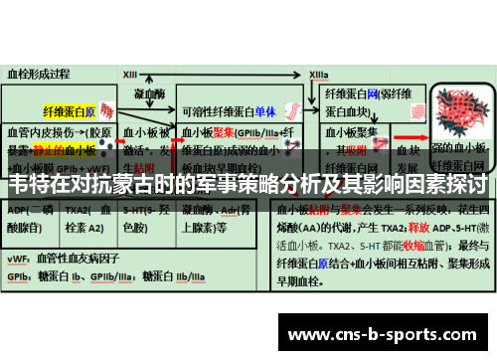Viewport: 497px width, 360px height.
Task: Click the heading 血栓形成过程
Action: click(x=39, y=74)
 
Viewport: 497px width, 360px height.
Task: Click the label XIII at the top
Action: click(x=130, y=74)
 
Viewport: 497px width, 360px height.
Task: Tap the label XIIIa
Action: click(x=319, y=74)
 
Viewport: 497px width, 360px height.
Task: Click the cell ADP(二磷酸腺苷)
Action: click(x=31, y=219)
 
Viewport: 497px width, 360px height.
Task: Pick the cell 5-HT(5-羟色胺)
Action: click(x=142, y=219)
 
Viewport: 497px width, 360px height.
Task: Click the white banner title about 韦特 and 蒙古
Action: click(x=248, y=184)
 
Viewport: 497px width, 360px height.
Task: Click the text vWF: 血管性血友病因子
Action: click(x=66, y=257)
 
